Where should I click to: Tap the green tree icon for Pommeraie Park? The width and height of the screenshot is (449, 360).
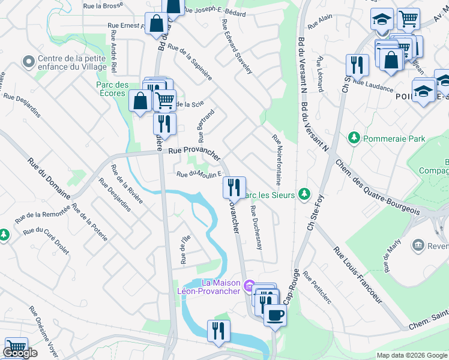(x=354, y=139)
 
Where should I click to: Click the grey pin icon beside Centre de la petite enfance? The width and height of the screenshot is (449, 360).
(x=28, y=61)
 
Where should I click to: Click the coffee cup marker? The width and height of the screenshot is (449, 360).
(x=275, y=314)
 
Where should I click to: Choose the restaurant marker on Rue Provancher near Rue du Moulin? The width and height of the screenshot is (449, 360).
(x=234, y=187)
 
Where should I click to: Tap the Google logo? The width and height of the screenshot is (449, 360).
(x=20, y=353)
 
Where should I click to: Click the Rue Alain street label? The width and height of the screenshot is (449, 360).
(x=320, y=22)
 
